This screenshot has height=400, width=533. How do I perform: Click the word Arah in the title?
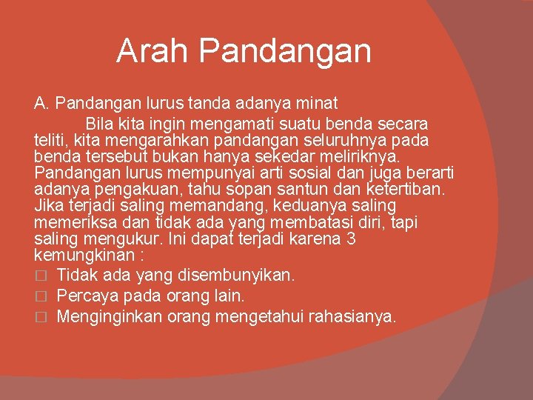coord(152,51)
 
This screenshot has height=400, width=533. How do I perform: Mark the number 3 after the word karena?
coord(352,239)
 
